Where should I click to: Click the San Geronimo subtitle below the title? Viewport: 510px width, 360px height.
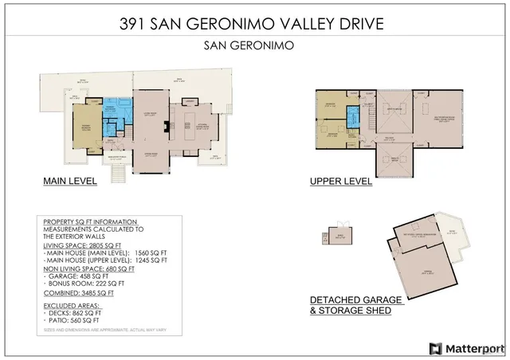point(255,45)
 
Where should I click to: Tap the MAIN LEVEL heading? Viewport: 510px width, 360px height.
point(69,181)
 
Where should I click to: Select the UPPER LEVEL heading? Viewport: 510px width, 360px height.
point(341,181)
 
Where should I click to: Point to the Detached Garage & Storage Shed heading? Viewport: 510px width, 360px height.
point(356,305)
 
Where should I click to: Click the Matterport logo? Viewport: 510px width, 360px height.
point(466,348)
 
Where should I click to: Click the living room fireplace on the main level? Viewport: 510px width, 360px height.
point(165,125)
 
